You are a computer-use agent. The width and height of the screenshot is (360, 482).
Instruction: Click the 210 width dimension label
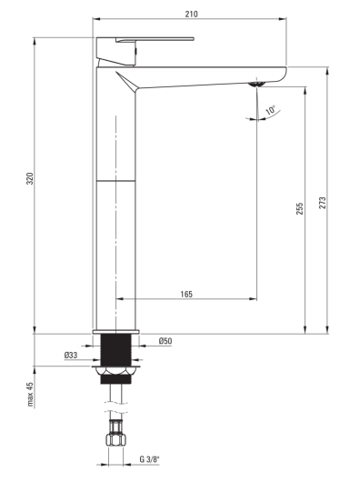(191, 15)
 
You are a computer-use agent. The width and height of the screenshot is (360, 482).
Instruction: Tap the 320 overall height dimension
(30, 178)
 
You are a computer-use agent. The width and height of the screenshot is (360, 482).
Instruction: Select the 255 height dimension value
(299, 208)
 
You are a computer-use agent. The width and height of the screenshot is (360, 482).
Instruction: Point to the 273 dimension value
(322, 203)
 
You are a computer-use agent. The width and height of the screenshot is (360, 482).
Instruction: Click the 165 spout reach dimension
(186, 294)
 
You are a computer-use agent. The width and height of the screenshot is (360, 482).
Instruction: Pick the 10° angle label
(271, 110)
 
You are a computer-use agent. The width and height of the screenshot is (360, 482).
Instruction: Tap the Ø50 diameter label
(165, 341)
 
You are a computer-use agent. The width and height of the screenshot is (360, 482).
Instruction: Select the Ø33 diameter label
(71, 356)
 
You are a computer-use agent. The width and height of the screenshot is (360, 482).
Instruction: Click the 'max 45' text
(30, 394)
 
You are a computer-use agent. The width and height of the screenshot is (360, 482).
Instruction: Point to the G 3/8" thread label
(150, 459)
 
